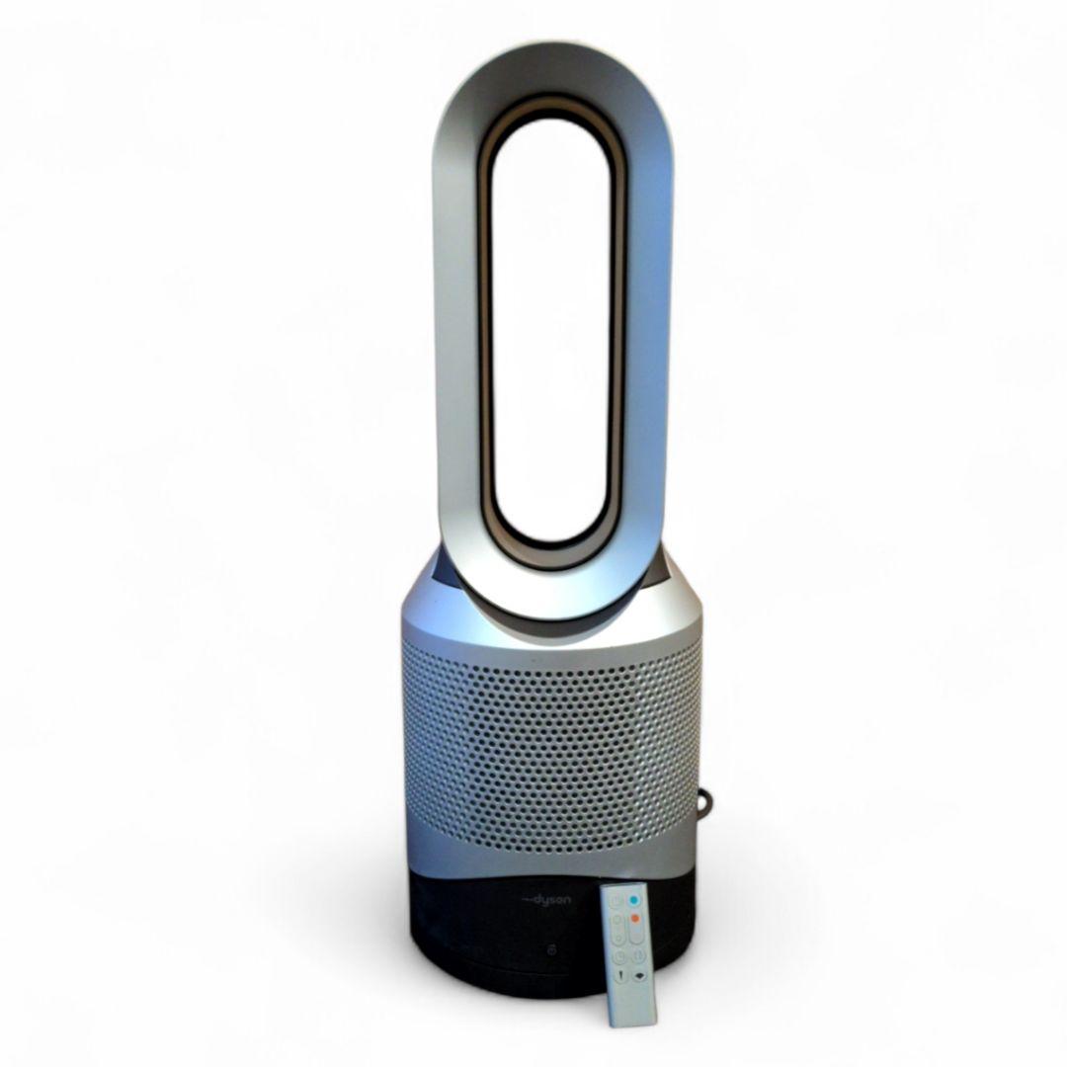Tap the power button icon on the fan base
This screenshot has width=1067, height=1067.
point(559,950)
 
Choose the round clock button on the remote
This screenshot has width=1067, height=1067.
point(618,956)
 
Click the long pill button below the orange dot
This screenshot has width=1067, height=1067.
point(634,936)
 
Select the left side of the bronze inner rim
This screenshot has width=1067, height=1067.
point(487,326)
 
